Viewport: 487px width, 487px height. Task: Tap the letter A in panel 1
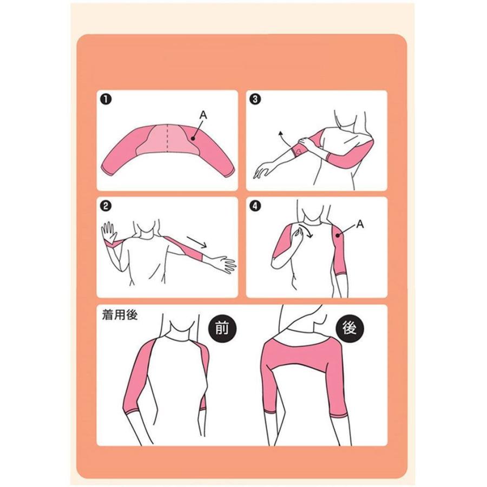(203, 115)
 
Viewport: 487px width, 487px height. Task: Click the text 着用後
(120, 315)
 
